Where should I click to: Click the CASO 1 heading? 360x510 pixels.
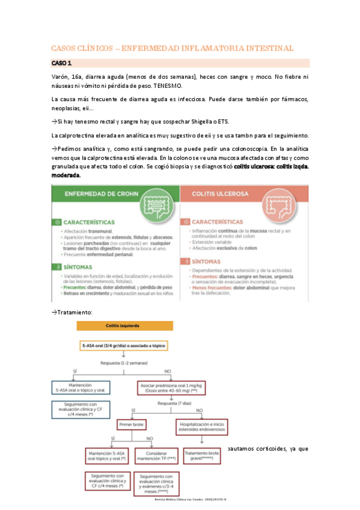61,63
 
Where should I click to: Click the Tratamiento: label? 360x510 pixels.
72,313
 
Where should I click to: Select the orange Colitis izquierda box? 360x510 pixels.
125,326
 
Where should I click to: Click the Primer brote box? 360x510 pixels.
134,424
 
